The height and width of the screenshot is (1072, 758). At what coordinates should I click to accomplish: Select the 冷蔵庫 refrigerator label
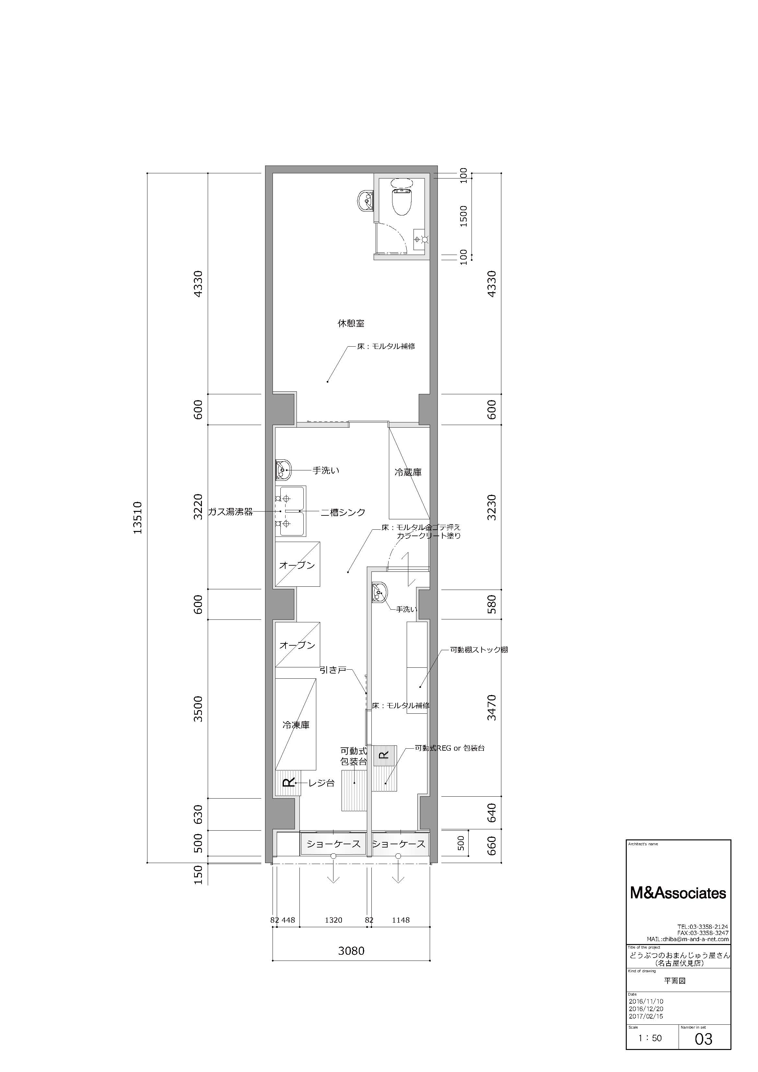408,472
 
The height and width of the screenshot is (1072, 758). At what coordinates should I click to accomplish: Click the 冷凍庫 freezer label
296,725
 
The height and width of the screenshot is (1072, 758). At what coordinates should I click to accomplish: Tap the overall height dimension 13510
138,517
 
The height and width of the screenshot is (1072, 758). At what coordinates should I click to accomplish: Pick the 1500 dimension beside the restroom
463,216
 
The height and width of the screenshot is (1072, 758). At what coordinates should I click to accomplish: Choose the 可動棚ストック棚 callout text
479,650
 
